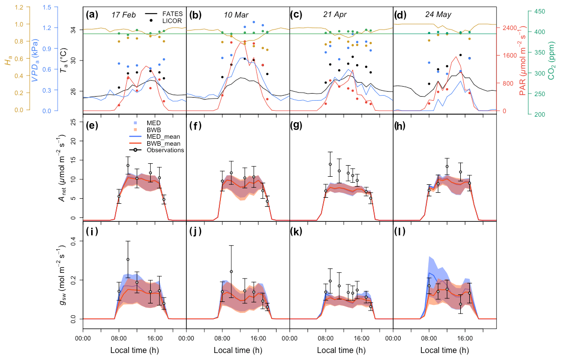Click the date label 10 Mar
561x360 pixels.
pyautogui.click(x=236, y=15)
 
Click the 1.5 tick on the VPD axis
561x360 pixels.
pyautogui.click(x=48, y=7)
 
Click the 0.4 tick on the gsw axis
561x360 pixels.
pyautogui.click(x=74, y=241)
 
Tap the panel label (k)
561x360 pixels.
pyautogui.click(x=299, y=232)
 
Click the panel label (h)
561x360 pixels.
pyautogui.click(x=402, y=127)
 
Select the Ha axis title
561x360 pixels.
pyautogui.click(x=8, y=62)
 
